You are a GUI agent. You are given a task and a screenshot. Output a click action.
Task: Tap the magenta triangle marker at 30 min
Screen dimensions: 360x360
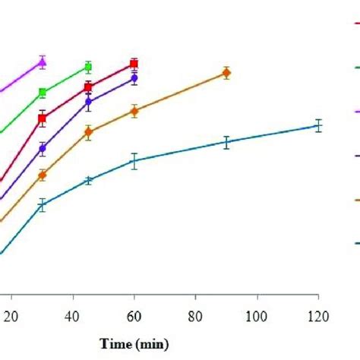click(x=43, y=62)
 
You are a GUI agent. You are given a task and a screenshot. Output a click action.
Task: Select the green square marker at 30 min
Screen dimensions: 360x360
click(x=43, y=93)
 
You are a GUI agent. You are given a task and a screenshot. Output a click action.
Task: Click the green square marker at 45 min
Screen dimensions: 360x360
click(x=88, y=68)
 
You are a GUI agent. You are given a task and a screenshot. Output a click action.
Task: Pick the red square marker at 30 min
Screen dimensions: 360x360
click(x=43, y=118)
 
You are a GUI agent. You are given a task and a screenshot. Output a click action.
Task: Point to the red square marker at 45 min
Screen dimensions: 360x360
click(x=88, y=87)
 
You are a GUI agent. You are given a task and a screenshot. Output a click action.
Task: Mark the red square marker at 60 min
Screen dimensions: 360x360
click(x=134, y=65)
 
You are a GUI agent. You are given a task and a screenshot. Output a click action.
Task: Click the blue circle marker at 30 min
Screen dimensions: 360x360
click(x=43, y=148)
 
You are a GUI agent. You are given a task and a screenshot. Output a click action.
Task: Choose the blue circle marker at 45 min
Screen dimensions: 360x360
click(x=88, y=101)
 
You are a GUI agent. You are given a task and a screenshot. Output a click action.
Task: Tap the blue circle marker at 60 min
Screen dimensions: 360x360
click(x=134, y=77)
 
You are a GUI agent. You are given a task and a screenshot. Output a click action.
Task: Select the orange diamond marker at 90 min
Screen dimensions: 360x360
click(x=226, y=73)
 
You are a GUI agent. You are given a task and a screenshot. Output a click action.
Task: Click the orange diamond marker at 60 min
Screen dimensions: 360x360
click(x=134, y=111)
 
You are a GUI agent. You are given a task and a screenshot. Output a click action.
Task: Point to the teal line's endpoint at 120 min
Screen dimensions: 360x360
click(x=318, y=126)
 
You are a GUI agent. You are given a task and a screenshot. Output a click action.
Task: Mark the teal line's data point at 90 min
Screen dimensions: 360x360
click(x=226, y=141)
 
